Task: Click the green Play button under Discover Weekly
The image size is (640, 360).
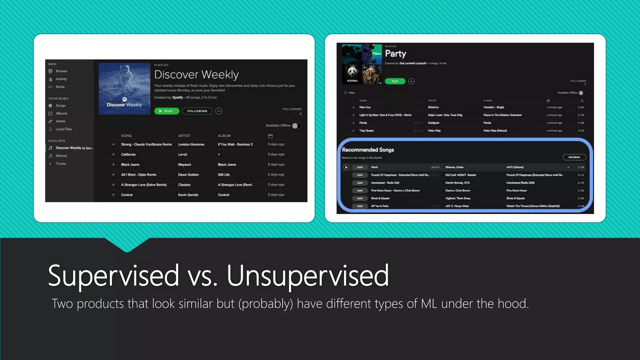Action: [x=167, y=111]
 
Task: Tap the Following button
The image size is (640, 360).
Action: [x=197, y=111]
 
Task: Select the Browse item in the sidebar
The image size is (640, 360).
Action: [x=61, y=71]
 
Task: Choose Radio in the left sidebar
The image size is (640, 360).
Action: [x=60, y=87]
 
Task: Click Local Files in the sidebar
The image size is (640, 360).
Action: [x=63, y=129]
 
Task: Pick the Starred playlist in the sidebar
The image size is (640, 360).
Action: [x=61, y=156]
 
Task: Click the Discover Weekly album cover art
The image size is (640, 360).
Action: [x=124, y=89]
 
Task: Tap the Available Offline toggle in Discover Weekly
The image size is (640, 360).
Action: [x=297, y=126]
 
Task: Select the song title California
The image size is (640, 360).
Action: [x=128, y=154]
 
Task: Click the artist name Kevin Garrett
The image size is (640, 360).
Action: [x=188, y=195]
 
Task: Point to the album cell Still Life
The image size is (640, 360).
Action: [x=224, y=175]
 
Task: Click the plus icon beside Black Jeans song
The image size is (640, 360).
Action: [x=113, y=164]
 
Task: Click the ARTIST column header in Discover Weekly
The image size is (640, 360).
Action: [x=184, y=136]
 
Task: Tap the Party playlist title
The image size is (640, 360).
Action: [x=395, y=54]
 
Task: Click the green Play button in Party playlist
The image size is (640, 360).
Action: [x=395, y=81]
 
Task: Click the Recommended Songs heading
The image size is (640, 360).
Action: [x=368, y=150]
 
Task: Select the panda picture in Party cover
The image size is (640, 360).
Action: [x=352, y=74]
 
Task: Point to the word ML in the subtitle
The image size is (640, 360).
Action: [x=429, y=304]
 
